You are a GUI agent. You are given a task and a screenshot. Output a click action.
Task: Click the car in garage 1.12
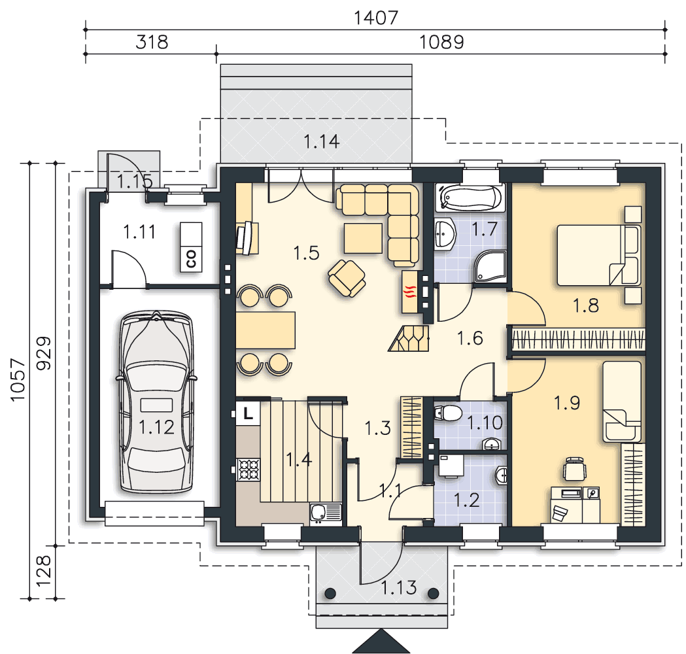click(x=156, y=402)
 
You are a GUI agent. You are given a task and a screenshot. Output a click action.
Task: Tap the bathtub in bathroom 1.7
click(x=471, y=198)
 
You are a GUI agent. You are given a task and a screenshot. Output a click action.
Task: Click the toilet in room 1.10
click(x=448, y=413)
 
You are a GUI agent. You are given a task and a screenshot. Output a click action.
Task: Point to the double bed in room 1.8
click(x=598, y=255)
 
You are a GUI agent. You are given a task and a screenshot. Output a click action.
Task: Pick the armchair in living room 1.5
click(x=347, y=278)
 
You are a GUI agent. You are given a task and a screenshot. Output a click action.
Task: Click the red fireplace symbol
click(x=410, y=292)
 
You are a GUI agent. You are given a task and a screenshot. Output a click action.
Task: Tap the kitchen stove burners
click(x=249, y=470)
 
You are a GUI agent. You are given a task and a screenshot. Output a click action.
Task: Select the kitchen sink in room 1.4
click(x=326, y=512)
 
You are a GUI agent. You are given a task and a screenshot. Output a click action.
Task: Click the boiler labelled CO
click(x=191, y=247)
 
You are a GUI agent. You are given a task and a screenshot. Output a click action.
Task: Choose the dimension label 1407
click(x=375, y=18)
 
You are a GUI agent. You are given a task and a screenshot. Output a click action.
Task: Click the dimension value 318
click(x=151, y=42)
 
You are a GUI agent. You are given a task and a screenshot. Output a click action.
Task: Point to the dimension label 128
click(x=43, y=572)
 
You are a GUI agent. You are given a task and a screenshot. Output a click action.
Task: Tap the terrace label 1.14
click(x=321, y=141)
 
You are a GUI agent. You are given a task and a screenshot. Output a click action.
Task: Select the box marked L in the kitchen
click(x=248, y=413)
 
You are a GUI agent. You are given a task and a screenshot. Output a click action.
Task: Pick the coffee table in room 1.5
click(x=363, y=239)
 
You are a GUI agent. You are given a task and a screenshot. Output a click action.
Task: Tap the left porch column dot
click(x=330, y=594)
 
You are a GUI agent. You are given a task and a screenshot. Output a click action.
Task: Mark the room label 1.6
click(x=470, y=338)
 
